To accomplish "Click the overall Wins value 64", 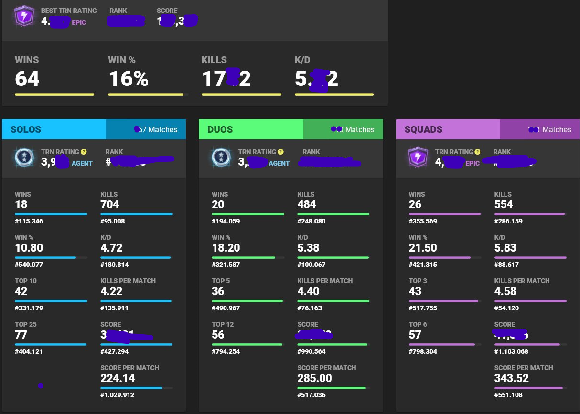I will click(x=27, y=79).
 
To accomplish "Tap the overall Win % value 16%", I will click(x=129, y=79).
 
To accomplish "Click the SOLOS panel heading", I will click(x=26, y=129).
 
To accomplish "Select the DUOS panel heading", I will click(x=221, y=129).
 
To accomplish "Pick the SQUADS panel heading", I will click(x=423, y=129).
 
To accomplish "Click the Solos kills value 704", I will click(x=110, y=205).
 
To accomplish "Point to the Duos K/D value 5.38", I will click(x=308, y=248).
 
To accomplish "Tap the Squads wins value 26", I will click(x=415, y=205).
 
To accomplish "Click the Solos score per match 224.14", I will click(x=118, y=379).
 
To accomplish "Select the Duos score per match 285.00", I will click(x=314, y=379).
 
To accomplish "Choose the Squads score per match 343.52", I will click(x=512, y=379).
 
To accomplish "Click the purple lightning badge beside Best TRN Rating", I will click(x=23, y=17).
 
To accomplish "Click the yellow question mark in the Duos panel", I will click(x=280, y=152).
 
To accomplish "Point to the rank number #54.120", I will click(x=509, y=308).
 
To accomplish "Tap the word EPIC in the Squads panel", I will click(x=472, y=163).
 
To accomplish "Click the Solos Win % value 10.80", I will click(x=29, y=248).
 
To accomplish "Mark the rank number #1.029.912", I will click(x=117, y=395).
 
